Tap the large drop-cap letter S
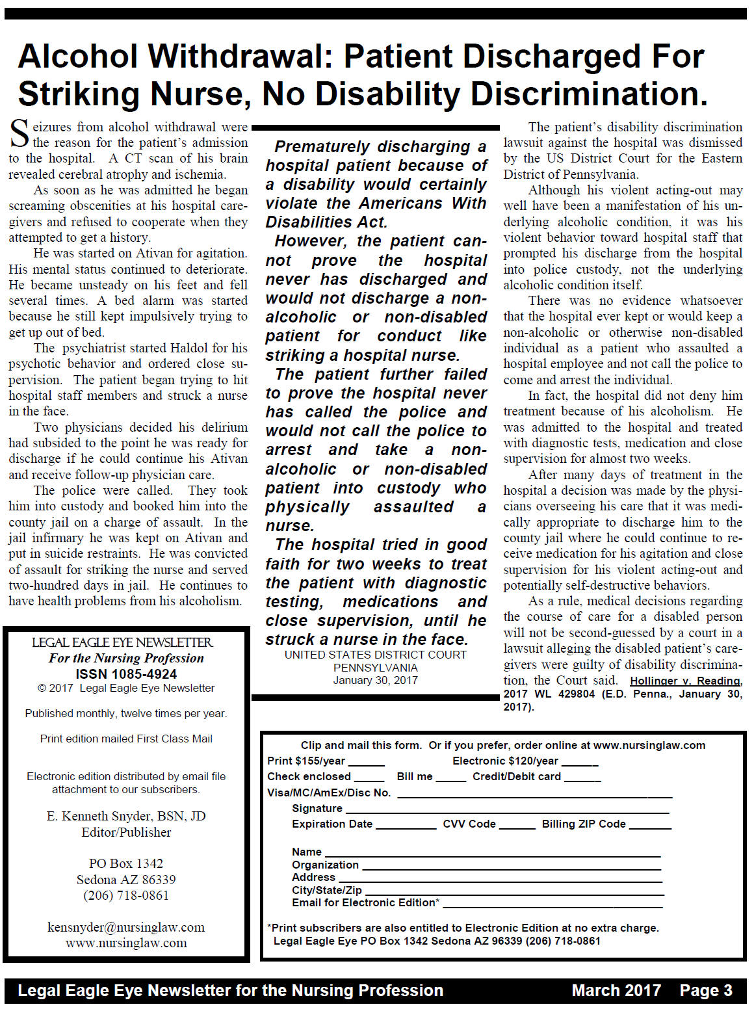point(19,134)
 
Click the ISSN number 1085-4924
point(126,674)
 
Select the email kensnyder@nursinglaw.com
point(126,927)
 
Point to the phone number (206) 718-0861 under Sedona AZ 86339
point(126,895)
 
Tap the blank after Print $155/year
point(367,762)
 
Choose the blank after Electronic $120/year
point(580,762)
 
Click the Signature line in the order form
point(507,809)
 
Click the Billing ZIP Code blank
point(649,825)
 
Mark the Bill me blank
point(450,778)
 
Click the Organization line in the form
point(511,866)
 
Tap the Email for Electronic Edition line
point(552,904)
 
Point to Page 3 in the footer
point(706,990)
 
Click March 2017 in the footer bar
point(616,990)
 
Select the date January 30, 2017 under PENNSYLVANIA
point(376,680)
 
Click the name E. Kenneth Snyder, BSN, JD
point(126,816)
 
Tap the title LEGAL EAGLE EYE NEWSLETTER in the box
point(123,642)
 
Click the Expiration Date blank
point(406,825)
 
